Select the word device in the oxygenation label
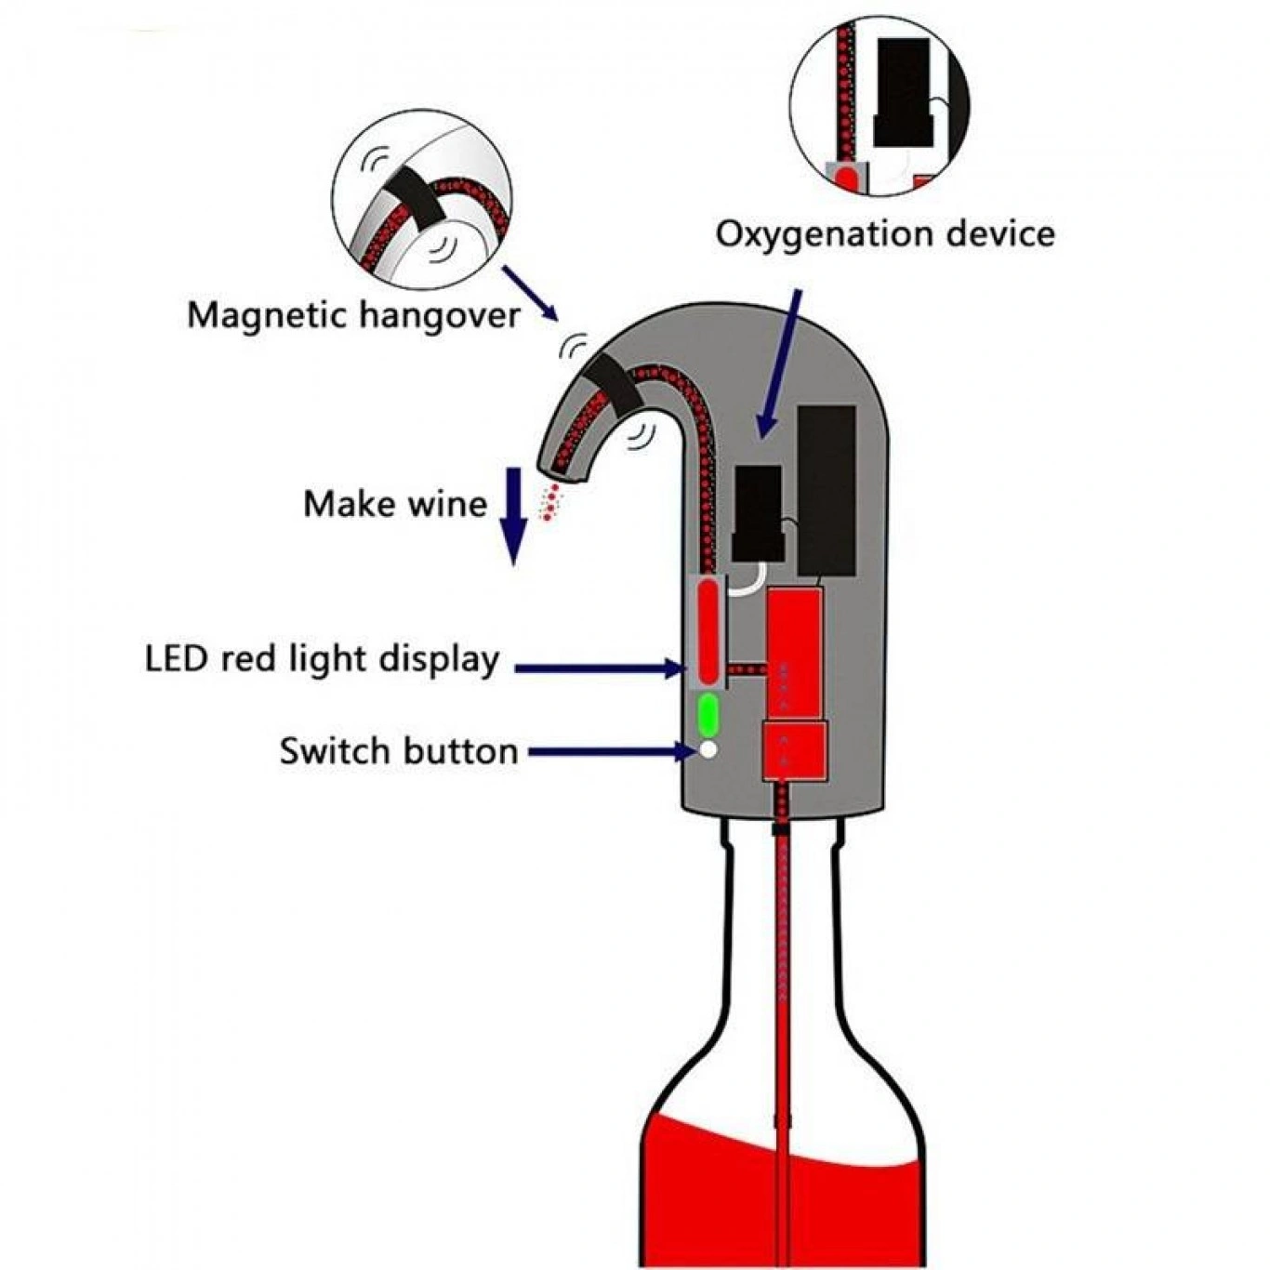[x=1000, y=232]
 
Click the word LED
[x=176, y=658]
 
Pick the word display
[x=439, y=660]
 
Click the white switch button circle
[x=708, y=749]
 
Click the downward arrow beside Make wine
[x=512, y=516]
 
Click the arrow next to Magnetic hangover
[x=531, y=293]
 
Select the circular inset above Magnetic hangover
[x=421, y=200]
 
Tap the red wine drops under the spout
[x=552, y=503]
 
